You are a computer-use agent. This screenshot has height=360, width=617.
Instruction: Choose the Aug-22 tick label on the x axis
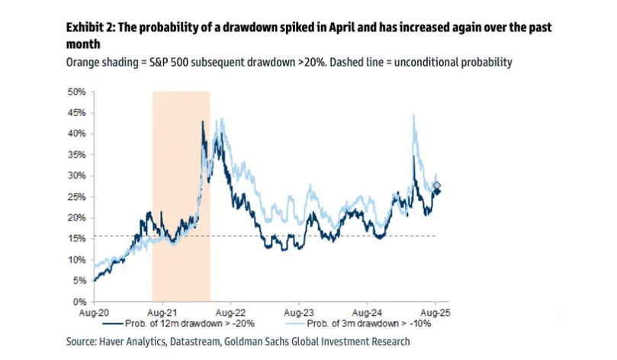tap(230, 313)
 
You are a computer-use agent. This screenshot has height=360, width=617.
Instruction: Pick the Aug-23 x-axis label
tap(298, 313)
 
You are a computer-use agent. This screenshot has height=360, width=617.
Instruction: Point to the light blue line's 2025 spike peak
tap(413, 114)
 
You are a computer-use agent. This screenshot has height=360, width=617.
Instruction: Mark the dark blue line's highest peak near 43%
tap(203, 121)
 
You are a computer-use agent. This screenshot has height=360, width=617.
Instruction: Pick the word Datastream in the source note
tap(191, 342)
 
